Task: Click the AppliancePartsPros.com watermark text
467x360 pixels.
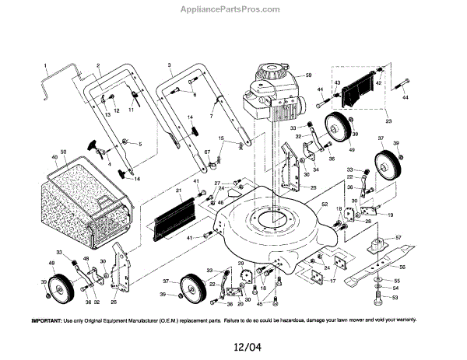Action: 233,10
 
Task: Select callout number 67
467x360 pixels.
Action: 207,152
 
